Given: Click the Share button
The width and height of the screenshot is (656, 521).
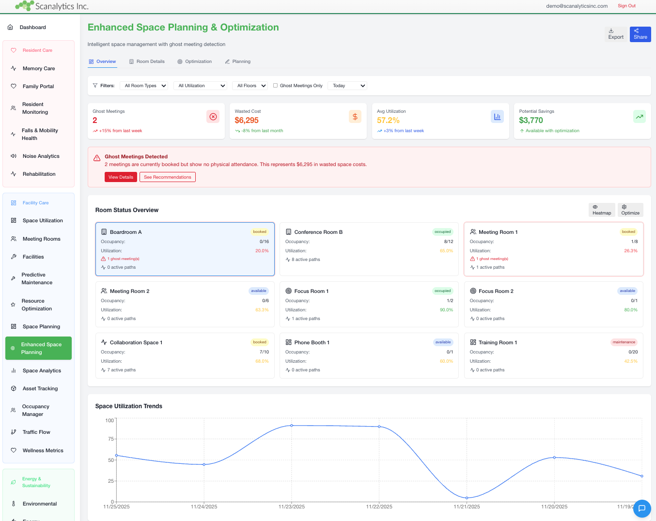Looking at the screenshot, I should (640, 34).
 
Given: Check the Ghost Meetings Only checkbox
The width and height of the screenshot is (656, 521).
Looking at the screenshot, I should (276, 86).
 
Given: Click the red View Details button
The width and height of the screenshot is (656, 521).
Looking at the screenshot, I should (121, 177).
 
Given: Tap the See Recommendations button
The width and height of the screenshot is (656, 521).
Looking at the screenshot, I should (167, 177).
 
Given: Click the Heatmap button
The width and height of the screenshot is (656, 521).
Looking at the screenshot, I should (602, 210).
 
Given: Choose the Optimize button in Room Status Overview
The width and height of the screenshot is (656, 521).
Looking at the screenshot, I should (630, 210).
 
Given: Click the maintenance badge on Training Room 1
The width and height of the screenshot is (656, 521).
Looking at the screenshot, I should (624, 342).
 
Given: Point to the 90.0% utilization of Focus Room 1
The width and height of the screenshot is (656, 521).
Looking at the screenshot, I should (446, 310).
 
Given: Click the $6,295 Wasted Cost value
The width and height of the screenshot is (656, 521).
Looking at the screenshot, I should (247, 121).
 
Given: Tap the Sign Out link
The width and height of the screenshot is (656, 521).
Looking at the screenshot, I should (626, 6).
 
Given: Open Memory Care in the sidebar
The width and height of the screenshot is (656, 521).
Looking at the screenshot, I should (39, 68).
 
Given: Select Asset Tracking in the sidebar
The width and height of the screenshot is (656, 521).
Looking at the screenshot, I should (40, 388).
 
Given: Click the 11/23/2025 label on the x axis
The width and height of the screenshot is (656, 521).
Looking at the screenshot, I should (292, 506).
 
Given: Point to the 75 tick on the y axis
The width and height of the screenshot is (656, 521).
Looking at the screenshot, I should (110, 439).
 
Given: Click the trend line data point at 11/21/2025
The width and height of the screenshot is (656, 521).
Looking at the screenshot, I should (467, 498).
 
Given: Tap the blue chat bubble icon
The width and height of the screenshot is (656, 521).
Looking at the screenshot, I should (642, 508).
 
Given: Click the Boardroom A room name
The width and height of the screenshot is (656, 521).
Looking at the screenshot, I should (125, 232).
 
